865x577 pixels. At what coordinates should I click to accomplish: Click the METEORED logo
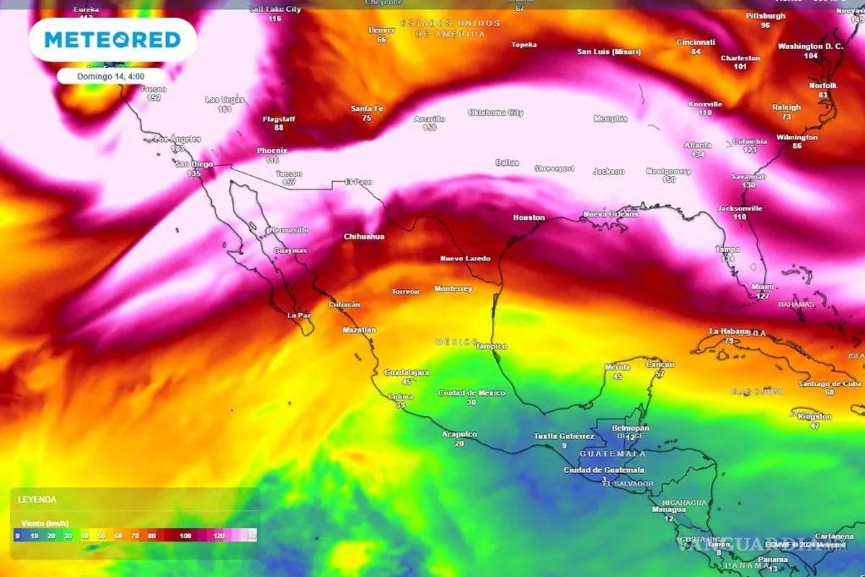[x=112, y=39]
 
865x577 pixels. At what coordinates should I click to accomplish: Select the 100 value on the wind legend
[x=186, y=535]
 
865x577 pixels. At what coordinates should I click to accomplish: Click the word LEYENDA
[x=37, y=499]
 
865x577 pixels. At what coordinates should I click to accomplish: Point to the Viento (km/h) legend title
[x=44, y=523]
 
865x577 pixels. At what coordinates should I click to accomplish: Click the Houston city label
[x=528, y=217]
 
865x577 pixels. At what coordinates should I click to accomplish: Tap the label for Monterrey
[x=453, y=288]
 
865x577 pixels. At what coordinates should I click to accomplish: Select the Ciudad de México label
[x=471, y=393]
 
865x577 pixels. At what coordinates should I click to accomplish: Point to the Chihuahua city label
[x=364, y=237]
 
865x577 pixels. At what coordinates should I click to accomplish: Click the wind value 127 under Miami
[x=763, y=296]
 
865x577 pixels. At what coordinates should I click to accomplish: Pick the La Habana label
[x=724, y=331]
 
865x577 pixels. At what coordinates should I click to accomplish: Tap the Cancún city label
[x=660, y=364]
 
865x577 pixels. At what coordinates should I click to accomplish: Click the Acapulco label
[x=460, y=434]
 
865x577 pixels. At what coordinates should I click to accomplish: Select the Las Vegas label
[x=224, y=100]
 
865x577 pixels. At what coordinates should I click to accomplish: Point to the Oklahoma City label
[x=496, y=113]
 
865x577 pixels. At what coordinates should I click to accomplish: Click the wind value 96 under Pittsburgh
[x=765, y=25]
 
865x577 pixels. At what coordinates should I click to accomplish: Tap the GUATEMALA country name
[x=613, y=454]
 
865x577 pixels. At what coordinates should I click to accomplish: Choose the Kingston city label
[x=815, y=416]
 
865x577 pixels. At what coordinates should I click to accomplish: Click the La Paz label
[x=298, y=315]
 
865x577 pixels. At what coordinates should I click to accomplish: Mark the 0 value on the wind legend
[x=17, y=535]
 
